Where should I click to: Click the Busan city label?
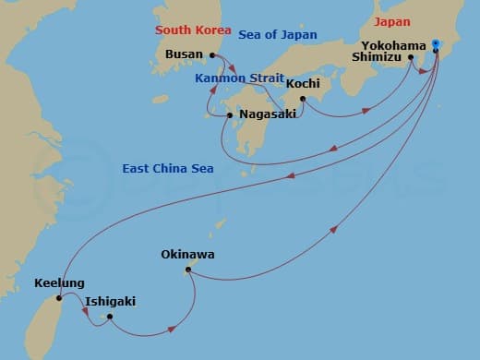pyautogui.click(x=185, y=54)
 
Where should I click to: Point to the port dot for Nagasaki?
pyautogui.click(x=230, y=115)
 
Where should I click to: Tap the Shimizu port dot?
pyautogui.click(x=410, y=57)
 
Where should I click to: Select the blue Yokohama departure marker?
pyautogui.click(x=437, y=42)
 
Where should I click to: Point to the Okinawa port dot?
pyautogui.click(x=186, y=270)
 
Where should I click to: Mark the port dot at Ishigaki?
pyautogui.click(x=109, y=317)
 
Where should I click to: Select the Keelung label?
pyautogui.click(x=58, y=283)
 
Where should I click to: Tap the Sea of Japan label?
pyautogui.click(x=277, y=35)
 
